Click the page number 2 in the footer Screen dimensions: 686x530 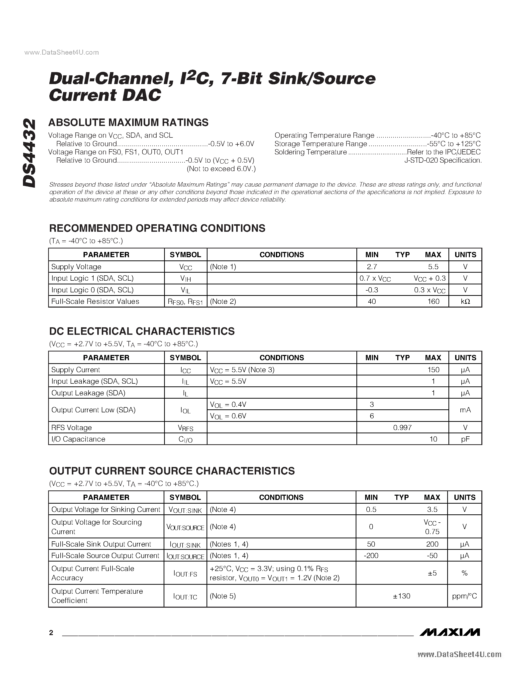pyautogui.click(x=51, y=633)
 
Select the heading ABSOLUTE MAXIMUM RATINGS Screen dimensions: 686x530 pyautogui.click(x=129, y=122)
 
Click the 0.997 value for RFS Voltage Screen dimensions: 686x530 pyautogui.click(x=402, y=428)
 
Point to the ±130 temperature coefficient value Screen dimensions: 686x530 pyautogui.click(x=402, y=596)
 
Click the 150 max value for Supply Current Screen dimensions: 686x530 pyautogui.click(x=433, y=370)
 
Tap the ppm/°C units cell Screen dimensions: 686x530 pyautogui.click(x=464, y=596)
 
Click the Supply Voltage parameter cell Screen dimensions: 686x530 pyautogui.click(x=76, y=267)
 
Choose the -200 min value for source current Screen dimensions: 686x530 pyautogui.click(x=371, y=556)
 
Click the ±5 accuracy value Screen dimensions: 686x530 pyautogui.click(x=432, y=573)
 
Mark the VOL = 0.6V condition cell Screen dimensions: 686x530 pyautogui.click(x=228, y=416)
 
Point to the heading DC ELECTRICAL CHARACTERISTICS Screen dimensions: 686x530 pyautogui.click(x=142, y=331)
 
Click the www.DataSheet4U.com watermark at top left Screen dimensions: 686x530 pyautogui.click(x=62, y=52)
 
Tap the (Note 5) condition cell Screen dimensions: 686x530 pyautogui.click(x=223, y=596)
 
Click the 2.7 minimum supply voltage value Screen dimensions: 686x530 pyautogui.click(x=372, y=267)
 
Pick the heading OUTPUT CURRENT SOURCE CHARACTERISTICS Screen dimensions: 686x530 pyautogui.click(x=172, y=471)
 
